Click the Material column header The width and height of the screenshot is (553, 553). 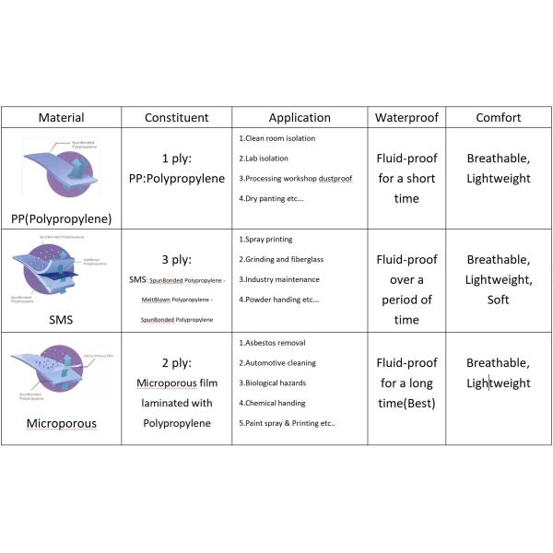(61, 118)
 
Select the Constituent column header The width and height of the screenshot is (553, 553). (177, 118)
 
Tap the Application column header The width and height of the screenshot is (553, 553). (300, 118)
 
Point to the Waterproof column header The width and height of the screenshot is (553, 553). (408, 118)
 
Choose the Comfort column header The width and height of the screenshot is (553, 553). (498, 118)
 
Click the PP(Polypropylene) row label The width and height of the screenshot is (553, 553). (62, 218)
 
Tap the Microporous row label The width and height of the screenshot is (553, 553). (61, 425)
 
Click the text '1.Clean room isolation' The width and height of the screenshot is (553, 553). (276, 138)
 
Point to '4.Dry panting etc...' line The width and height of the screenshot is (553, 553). (274, 198)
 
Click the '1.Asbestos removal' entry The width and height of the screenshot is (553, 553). (272, 343)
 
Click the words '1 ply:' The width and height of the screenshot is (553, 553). (176, 158)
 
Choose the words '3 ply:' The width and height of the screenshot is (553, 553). (176, 259)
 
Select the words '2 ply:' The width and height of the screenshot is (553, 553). (176, 362)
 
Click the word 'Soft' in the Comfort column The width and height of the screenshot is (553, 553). (499, 300)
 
